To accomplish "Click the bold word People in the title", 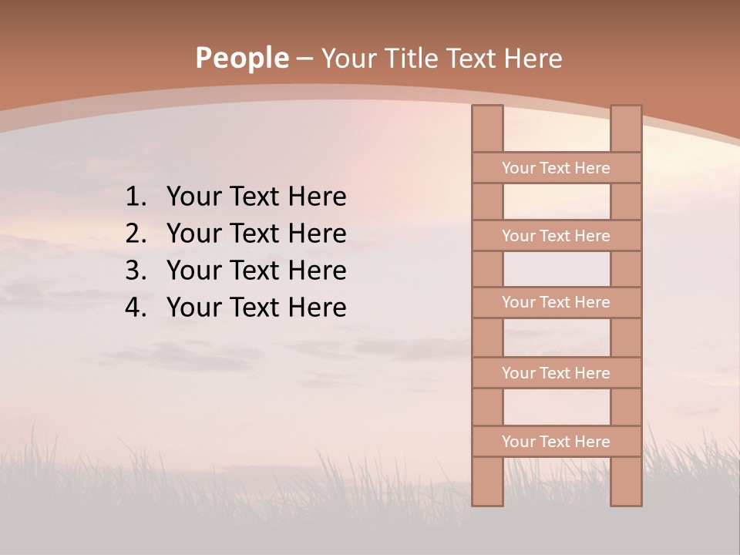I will (x=242, y=58).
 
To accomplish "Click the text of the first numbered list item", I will (x=256, y=197).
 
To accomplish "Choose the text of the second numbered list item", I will (x=256, y=234).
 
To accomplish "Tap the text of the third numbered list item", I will (x=256, y=271).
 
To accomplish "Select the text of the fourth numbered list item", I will (x=256, y=308).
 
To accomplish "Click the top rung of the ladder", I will (x=556, y=167).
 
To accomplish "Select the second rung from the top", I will (x=556, y=235).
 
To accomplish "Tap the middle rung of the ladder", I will (x=556, y=302).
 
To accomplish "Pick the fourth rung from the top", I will (x=556, y=372).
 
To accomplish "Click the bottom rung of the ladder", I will (x=556, y=441).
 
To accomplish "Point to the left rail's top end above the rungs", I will (x=487, y=128).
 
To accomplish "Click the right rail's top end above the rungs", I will (x=626, y=128).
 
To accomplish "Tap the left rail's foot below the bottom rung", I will (x=487, y=482).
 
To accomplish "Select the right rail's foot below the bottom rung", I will (x=626, y=482).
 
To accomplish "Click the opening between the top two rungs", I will (x=557, y=201).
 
